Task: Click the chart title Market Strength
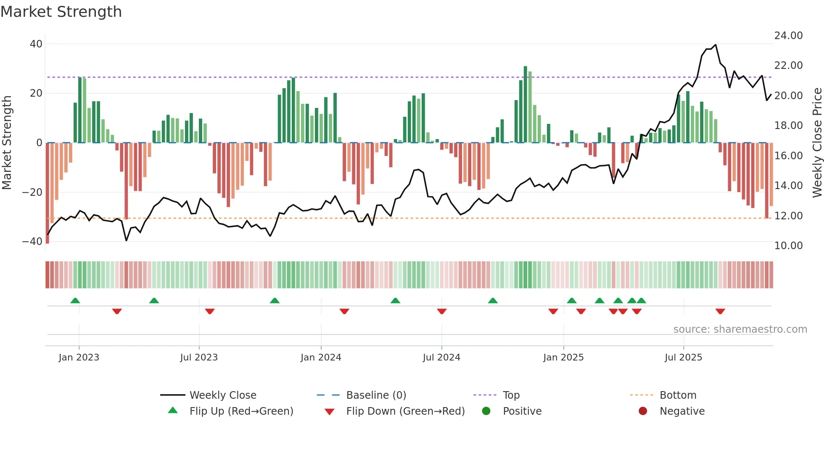click(x=61, y=12)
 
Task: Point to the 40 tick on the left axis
click(x=36, y=44)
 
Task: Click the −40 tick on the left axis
click(x=32, y=242)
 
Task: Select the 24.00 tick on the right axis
click(x=788, y=36)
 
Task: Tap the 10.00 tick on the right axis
click(x=788, y=246)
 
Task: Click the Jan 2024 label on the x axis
click(x=321, y=358)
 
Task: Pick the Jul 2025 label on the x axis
click(x=683, y=358)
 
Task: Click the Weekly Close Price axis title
click(x=817, y=143)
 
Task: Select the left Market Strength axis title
click(x=7, y=143)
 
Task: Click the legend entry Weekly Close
click(x=223, y=395)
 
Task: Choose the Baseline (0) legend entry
click(x=376, y=395)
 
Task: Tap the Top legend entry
click(x=511, y=395)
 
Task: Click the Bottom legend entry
click(x=678, y=395)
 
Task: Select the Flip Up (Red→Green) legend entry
click(x=241, y=411)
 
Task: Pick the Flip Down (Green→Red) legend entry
click(x=405, y=411)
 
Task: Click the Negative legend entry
click(x=682, y=411)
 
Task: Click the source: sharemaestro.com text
click(x=740, y=329)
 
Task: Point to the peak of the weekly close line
click(x=716, y=45)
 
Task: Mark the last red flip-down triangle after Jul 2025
click(x=720, y=311)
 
